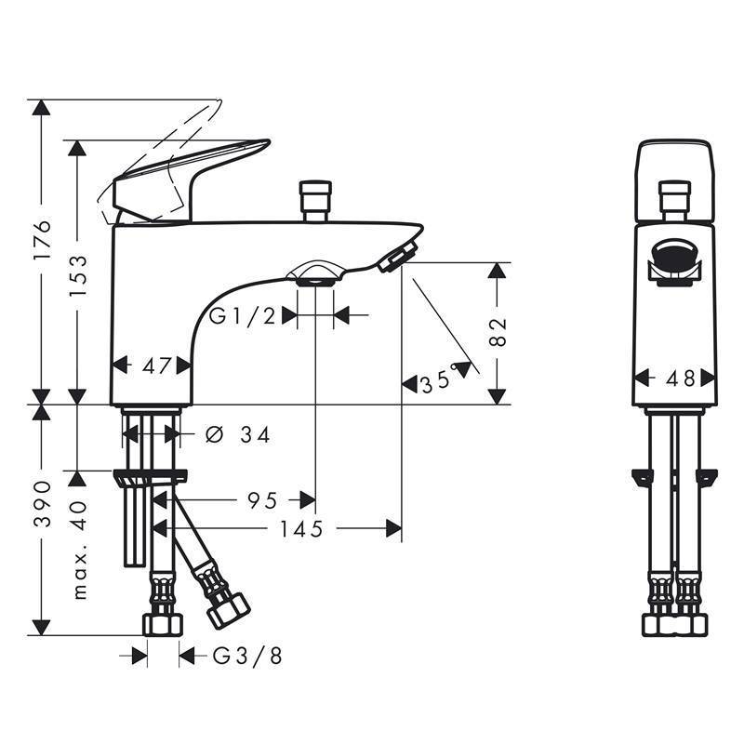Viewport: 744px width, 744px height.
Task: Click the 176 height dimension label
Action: tap(42, 239)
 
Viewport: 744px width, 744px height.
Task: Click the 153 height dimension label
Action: tap(78, 276)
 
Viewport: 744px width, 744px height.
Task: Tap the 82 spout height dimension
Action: tap(498, 333)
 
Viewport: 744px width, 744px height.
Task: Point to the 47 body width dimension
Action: tap(156, 365)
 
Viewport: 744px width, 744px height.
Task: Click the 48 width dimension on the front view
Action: tap(681, 379)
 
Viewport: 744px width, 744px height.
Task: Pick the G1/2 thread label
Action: tap(243, 315)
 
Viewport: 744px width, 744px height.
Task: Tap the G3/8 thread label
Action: tap(247, 657)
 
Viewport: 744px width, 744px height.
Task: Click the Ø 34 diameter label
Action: tap(238, 434)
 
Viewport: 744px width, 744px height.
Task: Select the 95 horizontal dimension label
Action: tap(262, 500)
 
